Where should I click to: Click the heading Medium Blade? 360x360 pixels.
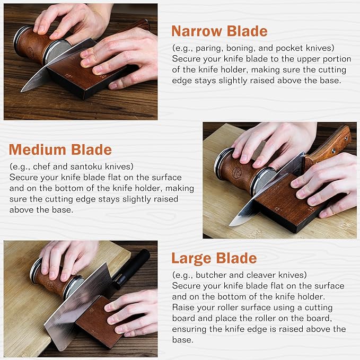click(x=60, y=150)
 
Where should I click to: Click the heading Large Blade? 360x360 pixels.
click(x=214, y=259)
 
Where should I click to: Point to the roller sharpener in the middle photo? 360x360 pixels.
click(x=239, y=171)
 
